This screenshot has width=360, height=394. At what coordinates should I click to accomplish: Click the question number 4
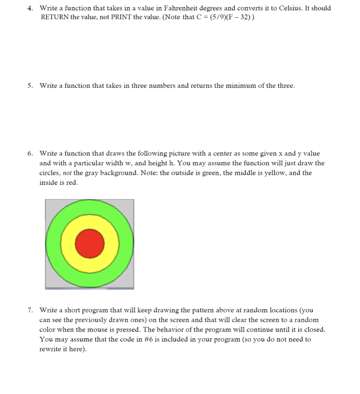(30, 8)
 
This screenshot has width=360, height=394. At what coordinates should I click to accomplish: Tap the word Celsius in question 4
(288, 8)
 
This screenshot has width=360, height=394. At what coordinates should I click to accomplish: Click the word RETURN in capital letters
(55, 18)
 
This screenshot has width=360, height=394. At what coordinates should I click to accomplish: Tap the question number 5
(30, 86)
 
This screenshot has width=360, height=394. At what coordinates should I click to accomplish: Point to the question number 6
(30, 154)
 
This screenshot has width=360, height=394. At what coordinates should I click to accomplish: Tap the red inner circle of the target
(90, 244)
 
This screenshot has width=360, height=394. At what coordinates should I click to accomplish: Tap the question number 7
(30, 310)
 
